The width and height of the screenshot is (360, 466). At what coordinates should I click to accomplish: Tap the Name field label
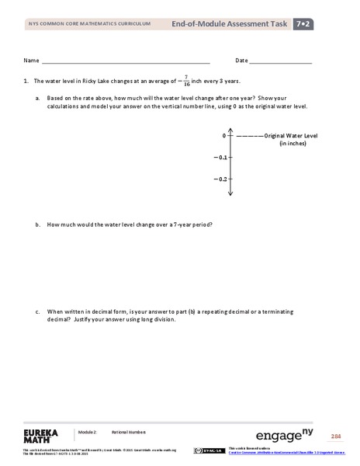(x=31, y=61)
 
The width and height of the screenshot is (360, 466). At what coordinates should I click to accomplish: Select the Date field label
(x=241, y=61)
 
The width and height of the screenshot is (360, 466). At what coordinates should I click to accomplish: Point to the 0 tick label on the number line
(x=223, y=136)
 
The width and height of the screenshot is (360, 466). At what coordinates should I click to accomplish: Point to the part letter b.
(x=37, y=225)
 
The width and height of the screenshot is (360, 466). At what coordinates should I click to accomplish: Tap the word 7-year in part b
(x=176, y=225)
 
